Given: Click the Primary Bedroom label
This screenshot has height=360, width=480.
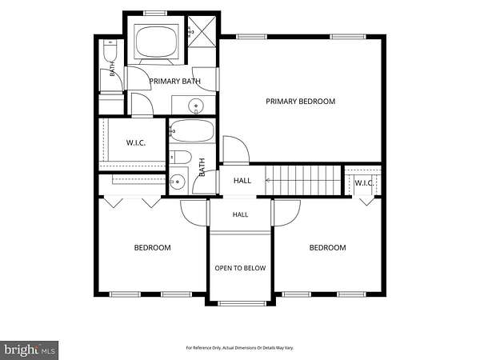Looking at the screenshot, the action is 300,102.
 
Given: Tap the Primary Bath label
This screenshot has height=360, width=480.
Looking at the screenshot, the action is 174,82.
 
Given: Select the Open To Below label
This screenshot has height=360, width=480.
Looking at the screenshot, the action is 240,268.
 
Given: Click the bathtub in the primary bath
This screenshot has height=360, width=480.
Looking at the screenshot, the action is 157,41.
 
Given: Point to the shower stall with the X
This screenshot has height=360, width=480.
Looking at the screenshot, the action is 202,32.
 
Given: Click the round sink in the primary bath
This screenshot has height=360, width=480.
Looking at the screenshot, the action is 196,106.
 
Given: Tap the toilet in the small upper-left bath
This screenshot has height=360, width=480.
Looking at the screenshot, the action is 110,50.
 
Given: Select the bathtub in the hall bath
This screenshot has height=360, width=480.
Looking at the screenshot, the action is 192,130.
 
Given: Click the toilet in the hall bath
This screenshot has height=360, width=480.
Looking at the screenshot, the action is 181,158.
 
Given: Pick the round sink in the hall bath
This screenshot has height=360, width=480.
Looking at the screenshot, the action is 178,182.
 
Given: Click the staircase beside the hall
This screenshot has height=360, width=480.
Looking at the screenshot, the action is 302,180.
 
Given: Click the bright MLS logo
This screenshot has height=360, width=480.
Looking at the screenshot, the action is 30,350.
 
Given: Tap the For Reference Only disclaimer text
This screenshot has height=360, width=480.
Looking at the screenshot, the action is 240,348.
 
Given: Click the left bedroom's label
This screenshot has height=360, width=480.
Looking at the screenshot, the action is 153,248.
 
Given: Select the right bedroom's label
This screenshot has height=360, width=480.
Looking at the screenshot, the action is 327,248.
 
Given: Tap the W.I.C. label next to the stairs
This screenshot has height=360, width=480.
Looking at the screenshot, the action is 364,183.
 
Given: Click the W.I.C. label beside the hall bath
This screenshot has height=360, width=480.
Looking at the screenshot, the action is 136,143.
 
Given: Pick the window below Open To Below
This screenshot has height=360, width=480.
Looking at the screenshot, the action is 242,303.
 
